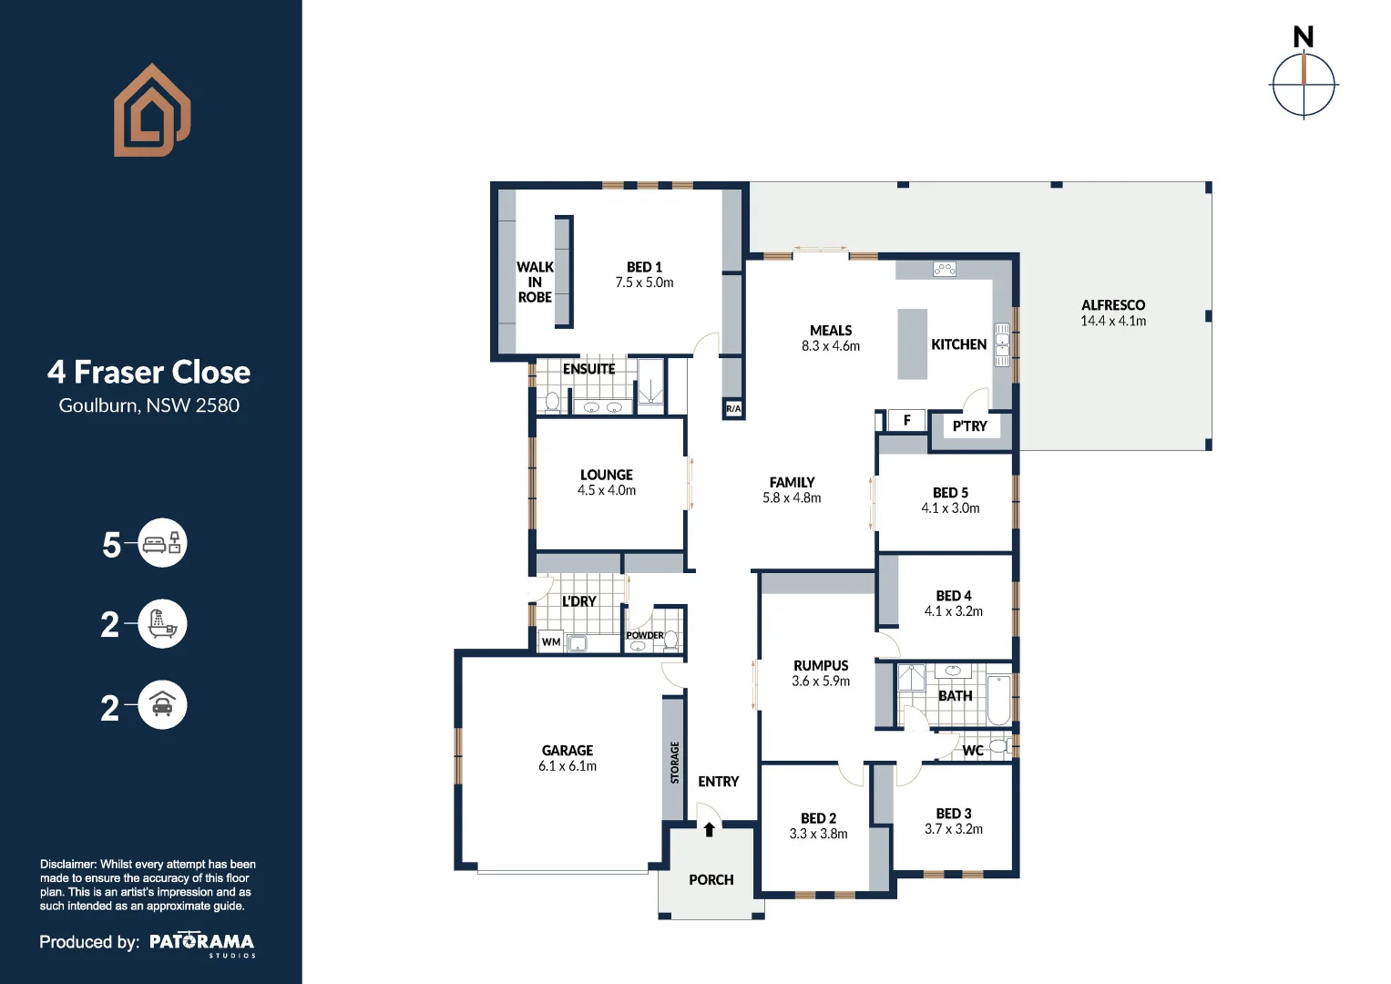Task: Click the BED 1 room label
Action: [x=644, y=267]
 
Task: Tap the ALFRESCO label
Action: [x=1113, y=305]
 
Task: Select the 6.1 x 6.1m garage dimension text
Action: [x=568, y=766]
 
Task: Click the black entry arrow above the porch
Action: [x=709, y=829]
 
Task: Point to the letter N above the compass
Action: [x=1303, y=37]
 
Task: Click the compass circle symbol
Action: [x=1304, y=86]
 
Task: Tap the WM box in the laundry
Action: [x=551, y=642]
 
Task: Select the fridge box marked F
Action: [x=906, y=420]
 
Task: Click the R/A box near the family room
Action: [x=733, y=409]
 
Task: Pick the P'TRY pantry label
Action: [x=969, y=425]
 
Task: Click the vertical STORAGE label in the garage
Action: [x=675, y=762]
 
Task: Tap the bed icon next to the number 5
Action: [x=162, y=544]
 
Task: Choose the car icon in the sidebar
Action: [x=162, y=704]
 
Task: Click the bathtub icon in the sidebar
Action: [x=162, y=624]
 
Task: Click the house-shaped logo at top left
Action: [x=151, y=110]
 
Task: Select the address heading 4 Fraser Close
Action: [x=148, y=372]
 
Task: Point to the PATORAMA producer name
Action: [x=201, y=942]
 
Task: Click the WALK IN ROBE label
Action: [x=535, y=282]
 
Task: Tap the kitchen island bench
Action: [x=912, y=343]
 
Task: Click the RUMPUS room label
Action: [x=820, y=666]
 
